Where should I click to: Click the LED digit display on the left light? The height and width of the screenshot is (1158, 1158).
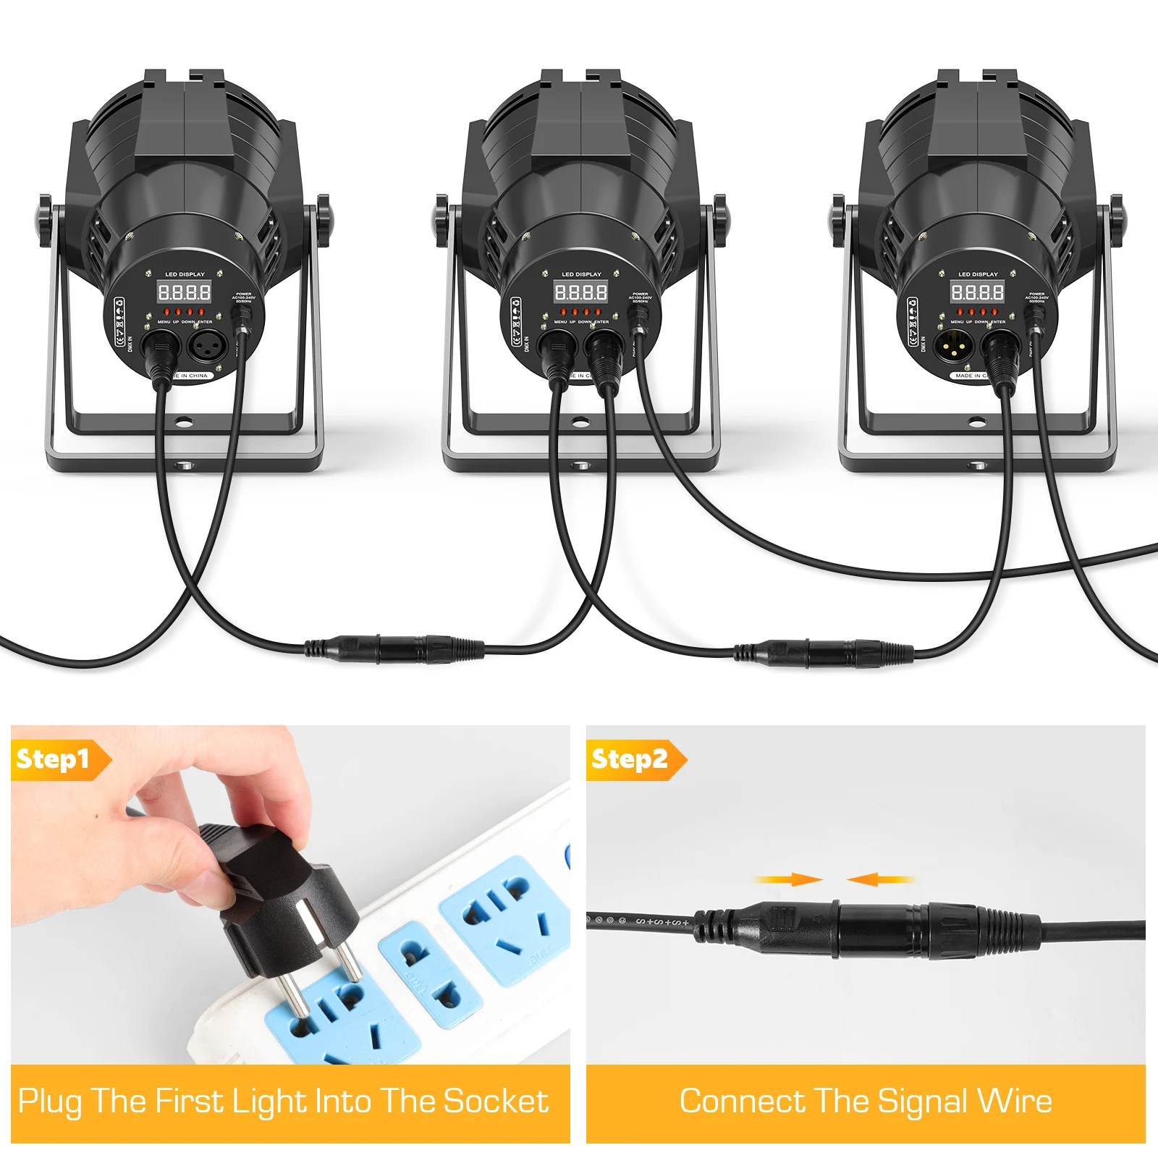point(185,292)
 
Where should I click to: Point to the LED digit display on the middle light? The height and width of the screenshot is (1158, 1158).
point(581,292)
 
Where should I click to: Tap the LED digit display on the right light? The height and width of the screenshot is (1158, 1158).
point(977,292)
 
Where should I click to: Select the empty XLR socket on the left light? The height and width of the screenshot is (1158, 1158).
point(209,346)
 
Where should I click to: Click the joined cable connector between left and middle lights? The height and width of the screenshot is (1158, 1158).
point(394,648)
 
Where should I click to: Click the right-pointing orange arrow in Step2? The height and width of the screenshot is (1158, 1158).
point(789,879)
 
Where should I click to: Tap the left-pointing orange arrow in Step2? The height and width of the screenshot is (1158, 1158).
point(879,879)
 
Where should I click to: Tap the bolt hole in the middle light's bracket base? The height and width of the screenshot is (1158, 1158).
point(579,421)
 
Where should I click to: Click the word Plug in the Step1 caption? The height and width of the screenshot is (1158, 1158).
point(49,1102)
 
